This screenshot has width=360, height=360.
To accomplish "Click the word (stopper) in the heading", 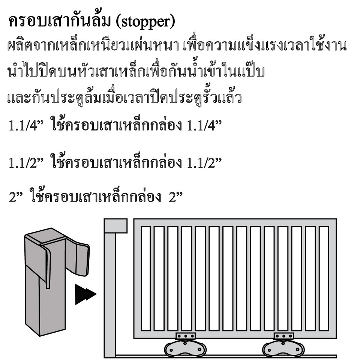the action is pyautogui.click(x=145, y=22).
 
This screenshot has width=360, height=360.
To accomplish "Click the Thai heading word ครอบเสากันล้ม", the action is pyautogui.click(x=60, y=21).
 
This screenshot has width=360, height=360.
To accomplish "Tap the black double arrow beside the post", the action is pyautogui.click(x=85, y=294).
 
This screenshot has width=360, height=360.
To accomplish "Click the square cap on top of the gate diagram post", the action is pyautogui.click(x=116, y=226).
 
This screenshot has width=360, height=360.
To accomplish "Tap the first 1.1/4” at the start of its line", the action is pyautogui.click(x=26, y=126).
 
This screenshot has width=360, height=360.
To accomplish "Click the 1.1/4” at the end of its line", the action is pyautogui.click(x=204, y=126).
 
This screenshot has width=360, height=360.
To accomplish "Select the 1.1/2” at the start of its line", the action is pyautogui.click(x=26, y=163).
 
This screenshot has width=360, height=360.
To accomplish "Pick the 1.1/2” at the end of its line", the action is pyautogui.click(x=204, y=163).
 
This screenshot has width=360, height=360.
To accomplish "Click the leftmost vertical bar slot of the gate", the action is pyautogui.click(x=146, y=279).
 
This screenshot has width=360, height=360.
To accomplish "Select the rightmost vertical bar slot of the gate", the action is pyautogui.click(x=324, y=279).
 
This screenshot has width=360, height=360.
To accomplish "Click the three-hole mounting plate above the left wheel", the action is pyautogui.click(x=186, y=336).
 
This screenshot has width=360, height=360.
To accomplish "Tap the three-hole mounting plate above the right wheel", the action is pyautogui.click(x=283, y=336).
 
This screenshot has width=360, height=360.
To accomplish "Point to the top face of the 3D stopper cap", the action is pyautogui.click(x=46, y=237).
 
